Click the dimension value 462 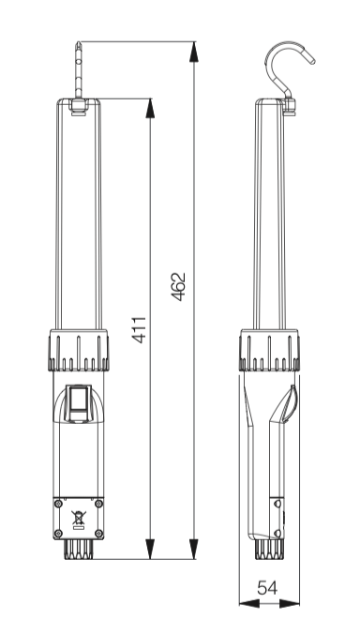tap(178, 287)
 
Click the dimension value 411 tap(140, 330)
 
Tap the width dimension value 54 tap(267, 587)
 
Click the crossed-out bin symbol tap(79, 519)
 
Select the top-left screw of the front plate tap(58, 504)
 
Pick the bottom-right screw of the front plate tap(98, 534)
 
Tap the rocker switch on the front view tap(79, 402)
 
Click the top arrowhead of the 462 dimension tap(194, 52)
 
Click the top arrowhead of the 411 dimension tap(150, 109)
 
